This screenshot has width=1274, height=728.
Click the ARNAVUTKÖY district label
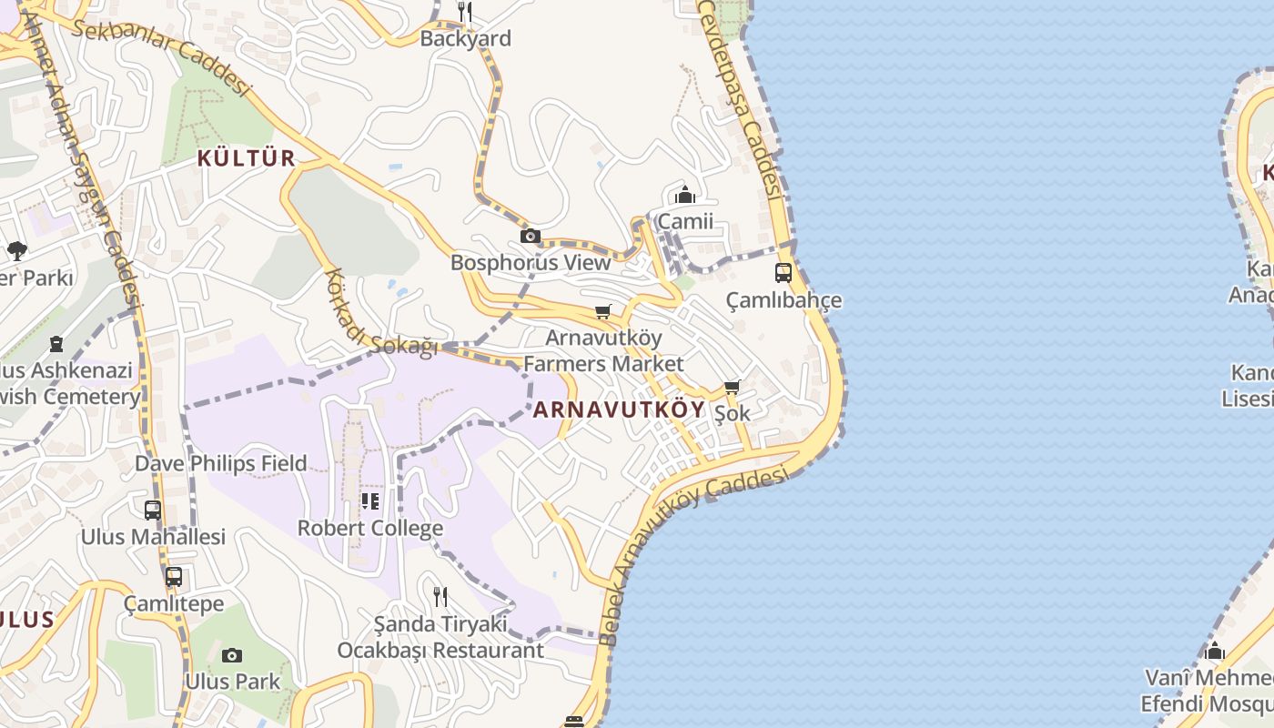[619, 409]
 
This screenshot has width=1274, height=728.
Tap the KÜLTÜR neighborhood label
[247, 158]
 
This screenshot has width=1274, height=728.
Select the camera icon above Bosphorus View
[530, 237]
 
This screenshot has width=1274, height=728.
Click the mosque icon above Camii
[685, 195]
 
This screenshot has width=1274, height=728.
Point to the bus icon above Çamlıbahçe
[784, 272]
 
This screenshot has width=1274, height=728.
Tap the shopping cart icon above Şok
[733, 388]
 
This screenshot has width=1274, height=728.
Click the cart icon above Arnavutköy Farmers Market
[602, 312]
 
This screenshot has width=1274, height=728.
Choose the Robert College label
[370, 528]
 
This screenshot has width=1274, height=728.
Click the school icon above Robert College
[370, 500]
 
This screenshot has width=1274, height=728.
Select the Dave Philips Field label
[221, 463]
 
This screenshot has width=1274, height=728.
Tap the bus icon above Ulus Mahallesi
[153, 510]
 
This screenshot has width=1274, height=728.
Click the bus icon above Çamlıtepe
[173, 576]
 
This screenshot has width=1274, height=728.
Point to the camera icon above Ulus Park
[232, 655]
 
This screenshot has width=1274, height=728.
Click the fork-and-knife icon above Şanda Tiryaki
[440, 597]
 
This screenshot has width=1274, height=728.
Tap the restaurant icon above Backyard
[465, 12]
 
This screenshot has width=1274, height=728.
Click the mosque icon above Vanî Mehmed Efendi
[1215, 652]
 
